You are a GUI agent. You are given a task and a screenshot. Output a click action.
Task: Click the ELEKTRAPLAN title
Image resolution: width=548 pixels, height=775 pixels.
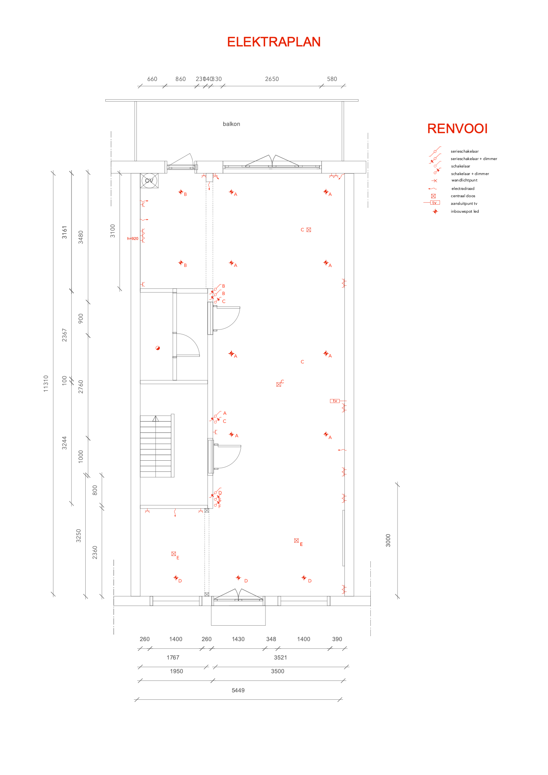(274, 42)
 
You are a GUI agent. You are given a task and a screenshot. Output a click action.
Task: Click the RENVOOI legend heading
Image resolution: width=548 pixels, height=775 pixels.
(457, 129)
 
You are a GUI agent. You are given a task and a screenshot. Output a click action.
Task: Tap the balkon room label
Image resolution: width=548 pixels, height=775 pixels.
(231, 124)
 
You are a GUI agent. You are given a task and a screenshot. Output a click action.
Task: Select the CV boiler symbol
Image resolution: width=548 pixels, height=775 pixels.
(149, 181)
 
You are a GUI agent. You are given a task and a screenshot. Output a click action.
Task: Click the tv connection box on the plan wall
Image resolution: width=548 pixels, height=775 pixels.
(335, 401)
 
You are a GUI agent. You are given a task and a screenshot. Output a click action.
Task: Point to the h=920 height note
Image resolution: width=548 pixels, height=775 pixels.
(133, 239)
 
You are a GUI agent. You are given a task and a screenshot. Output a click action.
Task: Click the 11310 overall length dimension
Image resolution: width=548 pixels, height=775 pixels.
(46, 383)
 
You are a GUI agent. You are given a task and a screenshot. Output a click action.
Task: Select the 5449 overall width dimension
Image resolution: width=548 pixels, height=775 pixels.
(238, 690)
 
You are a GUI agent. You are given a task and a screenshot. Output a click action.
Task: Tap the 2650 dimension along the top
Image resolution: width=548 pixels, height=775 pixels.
(272, 79)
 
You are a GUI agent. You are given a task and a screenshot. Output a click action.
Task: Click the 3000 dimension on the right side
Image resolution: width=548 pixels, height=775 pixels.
(388, 540)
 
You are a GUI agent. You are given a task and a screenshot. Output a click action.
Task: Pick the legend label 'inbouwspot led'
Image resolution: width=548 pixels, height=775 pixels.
(465, 212)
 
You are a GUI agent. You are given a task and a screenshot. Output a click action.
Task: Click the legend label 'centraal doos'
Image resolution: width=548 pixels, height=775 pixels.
(463, 196)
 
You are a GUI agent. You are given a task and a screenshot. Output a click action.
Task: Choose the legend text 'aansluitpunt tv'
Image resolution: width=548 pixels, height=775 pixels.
(464, 204)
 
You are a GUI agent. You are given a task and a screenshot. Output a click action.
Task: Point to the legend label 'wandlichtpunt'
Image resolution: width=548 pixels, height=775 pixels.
(464, 180)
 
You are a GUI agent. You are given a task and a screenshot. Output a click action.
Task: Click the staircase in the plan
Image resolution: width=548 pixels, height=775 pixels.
(156, 446)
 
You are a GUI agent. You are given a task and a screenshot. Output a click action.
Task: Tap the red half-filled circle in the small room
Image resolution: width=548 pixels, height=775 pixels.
(158, 348)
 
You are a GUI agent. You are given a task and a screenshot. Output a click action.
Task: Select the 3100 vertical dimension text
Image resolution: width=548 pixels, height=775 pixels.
(113, 231)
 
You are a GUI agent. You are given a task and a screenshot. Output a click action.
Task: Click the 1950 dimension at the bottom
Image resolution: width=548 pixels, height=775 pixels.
(176, 671)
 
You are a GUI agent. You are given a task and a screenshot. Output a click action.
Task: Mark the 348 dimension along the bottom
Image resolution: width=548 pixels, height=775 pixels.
(271, 639)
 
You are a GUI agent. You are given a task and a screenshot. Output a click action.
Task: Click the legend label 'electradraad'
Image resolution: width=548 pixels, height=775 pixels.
(463, 189)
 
